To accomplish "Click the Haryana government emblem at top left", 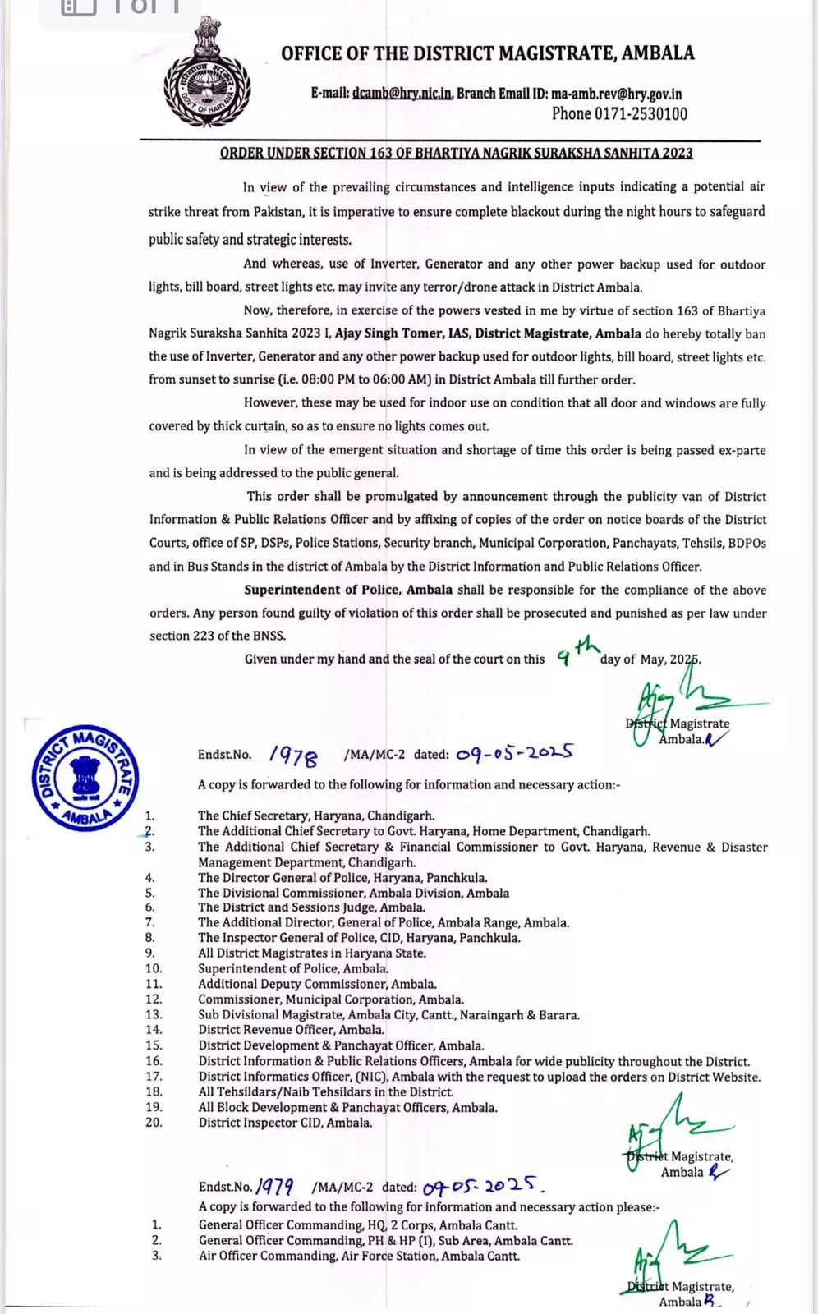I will point(207,73).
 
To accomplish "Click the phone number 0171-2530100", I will point(619,114).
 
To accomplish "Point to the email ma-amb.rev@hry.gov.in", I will point(616,94).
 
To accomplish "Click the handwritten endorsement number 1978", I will point(293,755).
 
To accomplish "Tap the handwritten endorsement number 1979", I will point(276,1186).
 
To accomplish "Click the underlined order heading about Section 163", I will point(456,153).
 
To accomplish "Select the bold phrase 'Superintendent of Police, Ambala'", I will point(348,590).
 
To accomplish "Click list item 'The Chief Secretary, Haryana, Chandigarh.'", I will point(316,816).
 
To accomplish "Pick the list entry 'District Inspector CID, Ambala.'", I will point(285,1123).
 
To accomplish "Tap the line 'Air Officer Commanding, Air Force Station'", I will point(359,1256).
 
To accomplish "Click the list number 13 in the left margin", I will point(154,1014).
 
